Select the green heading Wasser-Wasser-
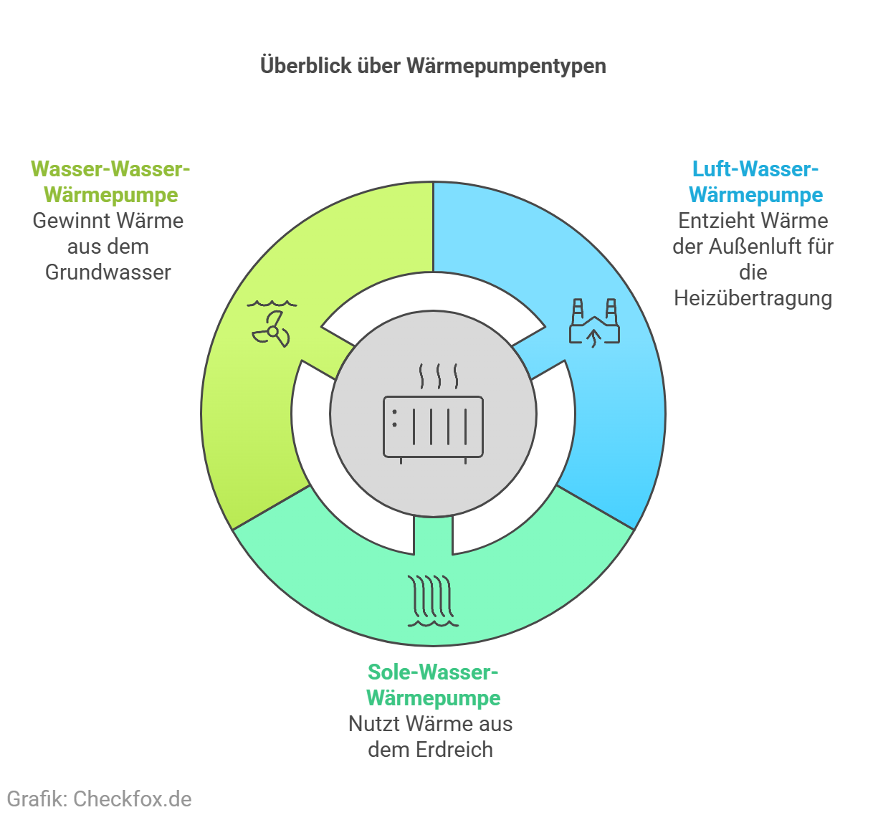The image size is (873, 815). tap(110, 169)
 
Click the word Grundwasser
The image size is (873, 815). tap(108, 272)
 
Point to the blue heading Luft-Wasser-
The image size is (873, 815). tap(755, 169)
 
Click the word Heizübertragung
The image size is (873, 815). tap(753, 298)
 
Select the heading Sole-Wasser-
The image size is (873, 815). tap(433, 672)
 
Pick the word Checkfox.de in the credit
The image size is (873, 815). tap(133, 799)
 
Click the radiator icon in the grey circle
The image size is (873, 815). tap(433, 428)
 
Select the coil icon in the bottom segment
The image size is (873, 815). tap(433, 600)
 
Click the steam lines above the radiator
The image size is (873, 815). tap(439, 376)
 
